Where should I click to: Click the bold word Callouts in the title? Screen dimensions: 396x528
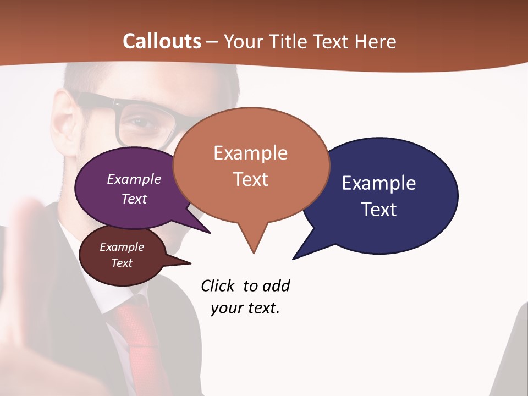(162, 41)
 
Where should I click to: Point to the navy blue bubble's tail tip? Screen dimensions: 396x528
(294, 258)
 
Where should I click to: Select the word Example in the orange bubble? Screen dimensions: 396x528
(250, 153)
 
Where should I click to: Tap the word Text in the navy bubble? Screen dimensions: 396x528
(379, 210)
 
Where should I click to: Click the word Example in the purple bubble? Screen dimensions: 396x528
(134, 179)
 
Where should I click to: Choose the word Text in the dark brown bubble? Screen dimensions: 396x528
(122, 263)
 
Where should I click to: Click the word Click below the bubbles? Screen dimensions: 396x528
(217, 285)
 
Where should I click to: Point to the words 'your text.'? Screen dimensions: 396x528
(245, 308)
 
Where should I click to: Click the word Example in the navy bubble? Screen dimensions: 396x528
(378, 183)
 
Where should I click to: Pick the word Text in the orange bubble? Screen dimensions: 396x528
(250, 179)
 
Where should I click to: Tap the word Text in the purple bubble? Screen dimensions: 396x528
(134, 199)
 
